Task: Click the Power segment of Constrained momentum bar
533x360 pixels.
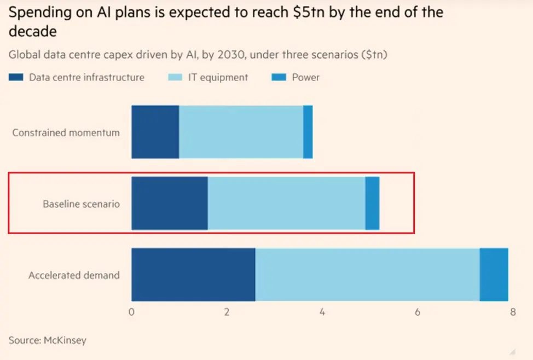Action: pos(308,132)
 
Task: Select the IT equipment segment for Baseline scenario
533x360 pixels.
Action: pos(286,203)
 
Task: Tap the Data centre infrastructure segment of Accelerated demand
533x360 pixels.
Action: pos(193,274)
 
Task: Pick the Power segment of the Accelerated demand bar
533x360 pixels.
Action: pos(494,274)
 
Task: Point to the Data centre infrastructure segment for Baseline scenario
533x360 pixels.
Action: pos(170,203)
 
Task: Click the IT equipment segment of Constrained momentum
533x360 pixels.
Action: pos(241,132)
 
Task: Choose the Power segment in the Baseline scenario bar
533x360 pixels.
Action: pos(372,203)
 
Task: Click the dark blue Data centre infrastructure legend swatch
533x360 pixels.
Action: pos(16,78)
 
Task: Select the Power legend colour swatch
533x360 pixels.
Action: pos(279,78)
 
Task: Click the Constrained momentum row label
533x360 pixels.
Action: pos(66,132)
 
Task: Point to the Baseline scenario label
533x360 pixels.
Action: pos(81,204)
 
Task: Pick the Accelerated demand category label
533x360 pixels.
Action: pos(74,275)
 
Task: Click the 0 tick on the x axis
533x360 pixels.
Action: pos(131,312)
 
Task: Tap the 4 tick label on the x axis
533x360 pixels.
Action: pos(322,312)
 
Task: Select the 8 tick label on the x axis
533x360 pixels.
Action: pos(513,312)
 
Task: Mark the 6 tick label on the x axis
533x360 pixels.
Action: pos(418,312)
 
